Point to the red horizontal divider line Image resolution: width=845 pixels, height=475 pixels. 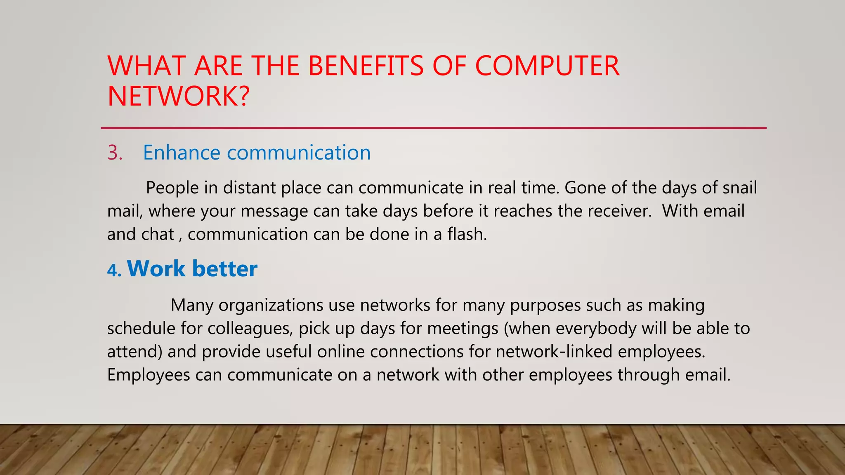point(433,128)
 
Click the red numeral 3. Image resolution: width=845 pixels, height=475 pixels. point(115,153)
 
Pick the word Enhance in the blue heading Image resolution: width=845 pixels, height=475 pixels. point(182,153)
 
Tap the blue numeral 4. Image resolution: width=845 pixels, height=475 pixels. point(114,270)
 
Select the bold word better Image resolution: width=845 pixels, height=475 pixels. point(225,269)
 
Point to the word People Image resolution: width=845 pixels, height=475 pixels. point(172,188)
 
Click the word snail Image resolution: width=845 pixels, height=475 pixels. point(740,188)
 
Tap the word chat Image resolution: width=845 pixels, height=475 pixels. point(158,234)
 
